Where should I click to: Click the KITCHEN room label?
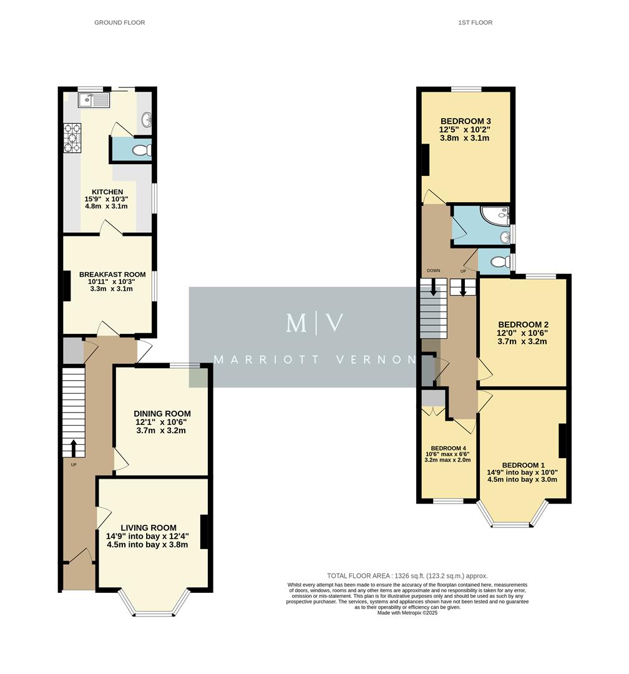107,192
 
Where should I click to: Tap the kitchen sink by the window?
94,100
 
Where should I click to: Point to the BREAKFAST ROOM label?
112,274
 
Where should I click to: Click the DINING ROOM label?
162,414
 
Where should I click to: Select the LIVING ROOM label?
149,527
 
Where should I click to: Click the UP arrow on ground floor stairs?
74,447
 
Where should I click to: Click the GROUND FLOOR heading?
119,22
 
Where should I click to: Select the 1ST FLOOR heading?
475,22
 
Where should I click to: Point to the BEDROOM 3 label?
466,121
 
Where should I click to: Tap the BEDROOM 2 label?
523,325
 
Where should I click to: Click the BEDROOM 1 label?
523,465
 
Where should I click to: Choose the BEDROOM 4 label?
448,448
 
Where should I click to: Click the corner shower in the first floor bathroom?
497,217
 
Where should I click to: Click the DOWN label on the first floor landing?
433,271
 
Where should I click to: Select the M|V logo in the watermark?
314,323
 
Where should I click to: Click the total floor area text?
407,576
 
